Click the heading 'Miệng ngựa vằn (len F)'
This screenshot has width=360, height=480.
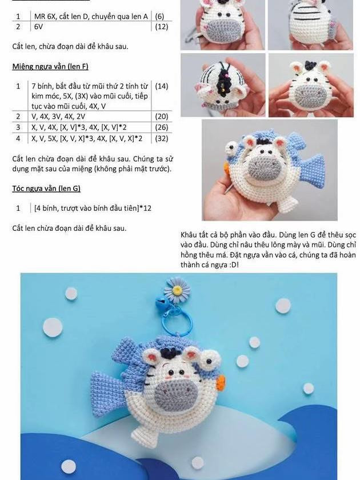[x=50, y=66]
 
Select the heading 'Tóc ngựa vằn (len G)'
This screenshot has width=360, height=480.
[x=46, y=188]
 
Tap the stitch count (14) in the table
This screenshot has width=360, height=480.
[x=161, y=86]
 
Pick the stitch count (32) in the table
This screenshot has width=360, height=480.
[x=161, y=138]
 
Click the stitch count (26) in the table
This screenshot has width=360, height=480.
[x=161, y=127]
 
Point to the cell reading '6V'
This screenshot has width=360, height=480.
[x=38, y=27]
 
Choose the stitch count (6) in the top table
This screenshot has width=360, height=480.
[x=159, y=16]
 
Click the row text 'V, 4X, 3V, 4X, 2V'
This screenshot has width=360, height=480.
[x=58, y=117]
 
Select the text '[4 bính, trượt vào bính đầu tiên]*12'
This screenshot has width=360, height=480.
[x=93, y=208]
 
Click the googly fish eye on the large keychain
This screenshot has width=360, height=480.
[x=210, y=359]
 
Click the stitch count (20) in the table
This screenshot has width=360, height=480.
[x=161, y=117]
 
